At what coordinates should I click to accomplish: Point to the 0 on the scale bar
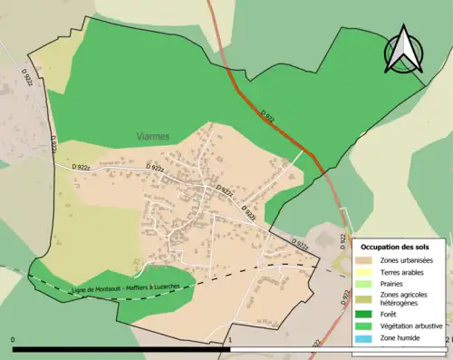(14, 341)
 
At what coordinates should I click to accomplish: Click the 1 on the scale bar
(231, 341)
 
